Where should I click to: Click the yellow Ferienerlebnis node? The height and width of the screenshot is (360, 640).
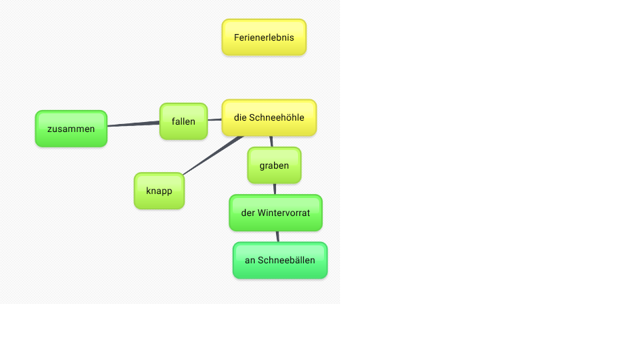[x=264, y=37]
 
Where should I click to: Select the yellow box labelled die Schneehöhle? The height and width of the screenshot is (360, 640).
[x=269, y=117]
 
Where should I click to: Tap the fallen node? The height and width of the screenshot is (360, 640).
[x=184, y=121]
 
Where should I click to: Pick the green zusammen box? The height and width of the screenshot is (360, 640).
[x=71, y=129]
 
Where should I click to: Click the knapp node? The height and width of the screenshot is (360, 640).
[x=159, y=191]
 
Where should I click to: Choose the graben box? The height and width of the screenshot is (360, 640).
[x=274, y=165]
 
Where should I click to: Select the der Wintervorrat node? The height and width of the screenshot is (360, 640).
[x=275, y=213]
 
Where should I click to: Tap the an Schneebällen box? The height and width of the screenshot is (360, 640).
[x=280, y=260]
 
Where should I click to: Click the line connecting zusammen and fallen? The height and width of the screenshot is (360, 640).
[x=133, y=124]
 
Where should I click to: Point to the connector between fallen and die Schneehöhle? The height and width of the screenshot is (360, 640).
[x=215, y=119]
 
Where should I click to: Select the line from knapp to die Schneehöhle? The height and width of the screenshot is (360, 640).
[x=213, y=155]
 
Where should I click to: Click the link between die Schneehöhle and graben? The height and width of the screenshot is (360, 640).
[x=271, y=141]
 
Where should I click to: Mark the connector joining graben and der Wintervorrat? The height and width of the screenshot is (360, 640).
[x=275, y=189]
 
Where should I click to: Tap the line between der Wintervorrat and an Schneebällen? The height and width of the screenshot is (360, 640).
[x=277, y=236]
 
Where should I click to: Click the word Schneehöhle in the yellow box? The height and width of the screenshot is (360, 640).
[x=277, y=117]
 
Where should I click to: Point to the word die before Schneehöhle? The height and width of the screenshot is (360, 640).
[x=240, y=117]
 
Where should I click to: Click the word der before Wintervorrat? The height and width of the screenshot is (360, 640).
[x=248, y=213]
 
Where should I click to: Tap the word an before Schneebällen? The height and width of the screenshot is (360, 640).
[x=250, y=261]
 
